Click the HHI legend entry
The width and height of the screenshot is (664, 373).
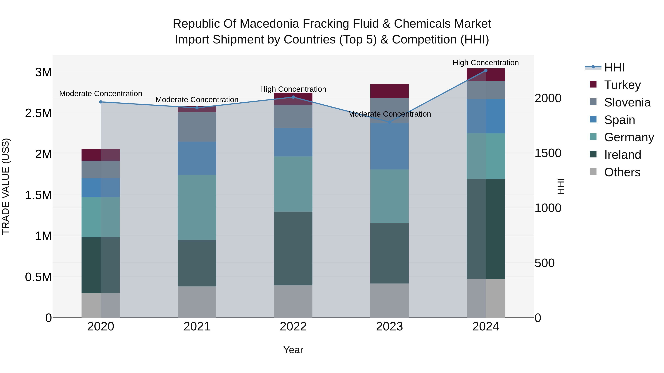tap(614, 67)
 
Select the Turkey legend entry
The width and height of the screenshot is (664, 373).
tap(622, 85)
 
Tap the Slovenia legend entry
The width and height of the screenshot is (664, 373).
tap(627, 102)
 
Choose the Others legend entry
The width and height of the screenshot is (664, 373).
tap(622, 172)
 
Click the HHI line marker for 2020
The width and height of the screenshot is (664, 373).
tap(101, 102)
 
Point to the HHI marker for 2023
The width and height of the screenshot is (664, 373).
tap(390, 122)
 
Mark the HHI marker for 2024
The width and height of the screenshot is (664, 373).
tap(486, 70)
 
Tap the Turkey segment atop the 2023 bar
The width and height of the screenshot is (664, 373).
tap(390, 91)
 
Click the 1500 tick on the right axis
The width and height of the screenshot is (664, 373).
tap(548, 153)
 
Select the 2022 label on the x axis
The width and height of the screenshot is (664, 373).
tap(293, 327)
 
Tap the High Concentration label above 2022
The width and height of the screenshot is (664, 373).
tap(293, 89)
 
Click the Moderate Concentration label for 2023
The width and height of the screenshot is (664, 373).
tap(390, 114)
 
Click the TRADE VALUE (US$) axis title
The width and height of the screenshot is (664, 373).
tap(6, 186)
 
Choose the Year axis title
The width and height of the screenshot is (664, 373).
tap(293, 350)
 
